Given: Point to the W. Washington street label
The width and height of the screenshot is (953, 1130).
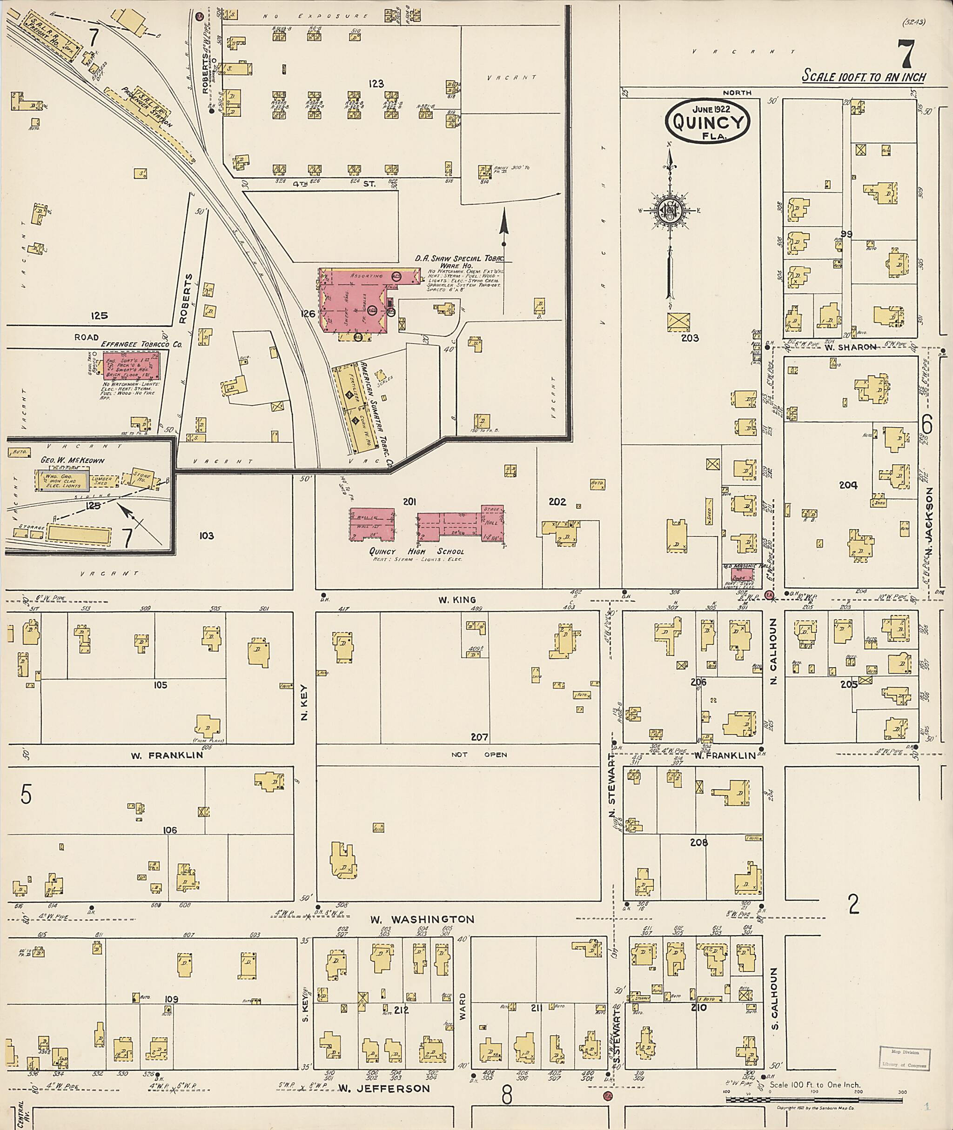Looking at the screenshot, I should (x=422, y=919).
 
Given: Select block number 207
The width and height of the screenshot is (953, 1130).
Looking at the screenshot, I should (x=479, y=737).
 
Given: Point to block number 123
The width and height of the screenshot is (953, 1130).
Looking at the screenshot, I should (x=376, y=84).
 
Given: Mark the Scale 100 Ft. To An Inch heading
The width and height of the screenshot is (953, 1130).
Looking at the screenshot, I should (x=863, y=76).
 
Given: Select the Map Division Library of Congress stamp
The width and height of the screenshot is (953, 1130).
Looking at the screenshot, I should (x=905, y=1057).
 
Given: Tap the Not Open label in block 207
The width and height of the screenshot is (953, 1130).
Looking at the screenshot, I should (x=479, y=755).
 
